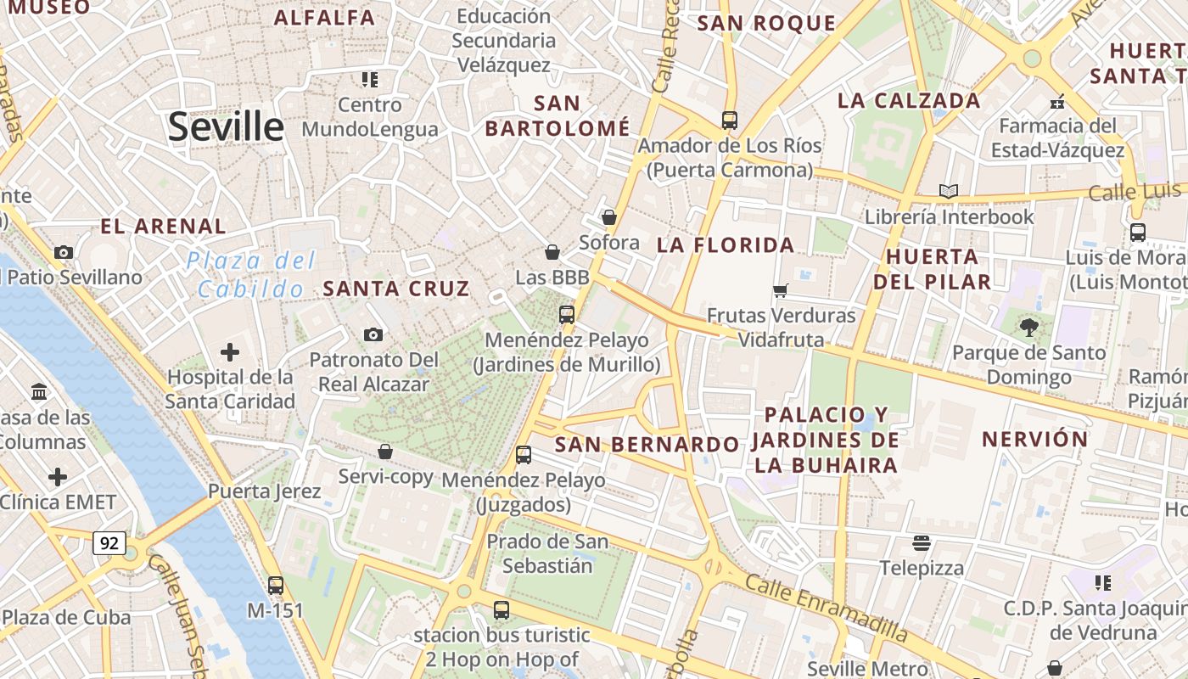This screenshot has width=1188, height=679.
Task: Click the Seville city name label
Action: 226,127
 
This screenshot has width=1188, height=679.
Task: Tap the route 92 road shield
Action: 109,542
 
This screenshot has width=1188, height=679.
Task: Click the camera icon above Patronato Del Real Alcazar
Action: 373,334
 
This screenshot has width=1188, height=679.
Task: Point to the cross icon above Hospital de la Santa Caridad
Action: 229,351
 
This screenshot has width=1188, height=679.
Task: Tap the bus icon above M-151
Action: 276,585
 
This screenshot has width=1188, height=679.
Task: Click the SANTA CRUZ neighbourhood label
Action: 396,289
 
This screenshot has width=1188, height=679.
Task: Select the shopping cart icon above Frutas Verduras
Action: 781,290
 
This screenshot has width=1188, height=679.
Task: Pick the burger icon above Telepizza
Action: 922,542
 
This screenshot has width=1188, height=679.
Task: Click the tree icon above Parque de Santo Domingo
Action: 1028,327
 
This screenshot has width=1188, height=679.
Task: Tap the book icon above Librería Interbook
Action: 949,191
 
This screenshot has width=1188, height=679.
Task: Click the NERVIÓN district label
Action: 1034,439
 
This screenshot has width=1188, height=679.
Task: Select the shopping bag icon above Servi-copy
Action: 385,451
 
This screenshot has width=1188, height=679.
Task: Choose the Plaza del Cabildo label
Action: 251,274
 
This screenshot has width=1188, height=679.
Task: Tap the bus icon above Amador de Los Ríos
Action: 730,120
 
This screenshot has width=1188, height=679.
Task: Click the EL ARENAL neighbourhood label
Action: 164,227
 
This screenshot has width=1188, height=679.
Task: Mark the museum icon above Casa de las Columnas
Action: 39,391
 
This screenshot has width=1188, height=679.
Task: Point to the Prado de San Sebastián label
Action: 547,553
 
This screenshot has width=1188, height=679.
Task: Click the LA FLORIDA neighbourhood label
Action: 726,245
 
